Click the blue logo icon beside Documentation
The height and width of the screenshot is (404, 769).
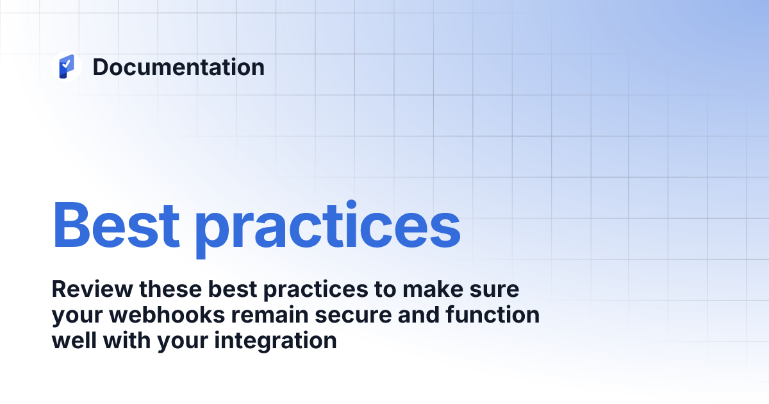coord(67,67)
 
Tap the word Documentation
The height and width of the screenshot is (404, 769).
coord(178,67)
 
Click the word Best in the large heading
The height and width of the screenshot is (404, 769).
coord(116,225)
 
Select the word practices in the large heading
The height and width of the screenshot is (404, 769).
coord(327,228)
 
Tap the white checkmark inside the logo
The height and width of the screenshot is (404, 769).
coord(66,64)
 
